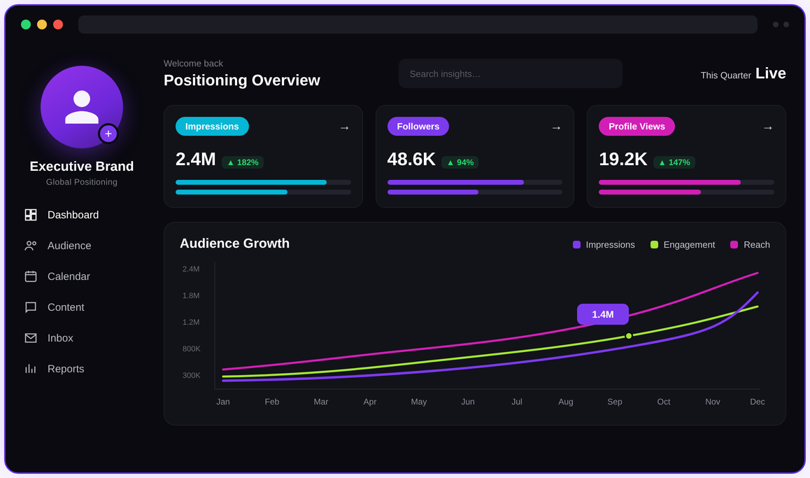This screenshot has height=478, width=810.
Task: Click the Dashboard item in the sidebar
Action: pos(62,215)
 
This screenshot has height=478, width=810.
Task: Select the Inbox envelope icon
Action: pos(31,338)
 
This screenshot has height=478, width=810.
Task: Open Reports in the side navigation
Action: pos(55,369)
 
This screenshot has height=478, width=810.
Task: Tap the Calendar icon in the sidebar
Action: pos(31,276)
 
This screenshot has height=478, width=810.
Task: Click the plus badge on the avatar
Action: pos(108,134)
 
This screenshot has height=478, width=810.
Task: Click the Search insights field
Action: pos(511,74)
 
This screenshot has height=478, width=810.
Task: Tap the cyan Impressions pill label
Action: pos(212,127)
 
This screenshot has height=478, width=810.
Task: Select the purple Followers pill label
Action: pos(418,127)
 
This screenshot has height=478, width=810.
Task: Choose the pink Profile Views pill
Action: pos(637,127)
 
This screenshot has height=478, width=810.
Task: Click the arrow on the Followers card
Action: pos(556,127)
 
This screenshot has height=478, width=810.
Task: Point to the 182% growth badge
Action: pos(243,162)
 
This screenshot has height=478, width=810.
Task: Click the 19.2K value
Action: pos(623,159)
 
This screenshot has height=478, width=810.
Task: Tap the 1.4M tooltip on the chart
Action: pos(602,314)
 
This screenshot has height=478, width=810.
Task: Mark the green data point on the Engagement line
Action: pos(629,336)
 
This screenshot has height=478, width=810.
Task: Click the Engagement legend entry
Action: pos(683,245)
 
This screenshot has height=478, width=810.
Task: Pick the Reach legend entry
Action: pos(750,245)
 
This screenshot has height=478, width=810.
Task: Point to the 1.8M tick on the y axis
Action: pos(191,295)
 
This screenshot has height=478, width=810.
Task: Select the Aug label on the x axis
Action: pos(566,402)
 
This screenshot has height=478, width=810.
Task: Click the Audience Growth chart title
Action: pos(234,244)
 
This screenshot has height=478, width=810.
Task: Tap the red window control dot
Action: pos(58,24)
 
